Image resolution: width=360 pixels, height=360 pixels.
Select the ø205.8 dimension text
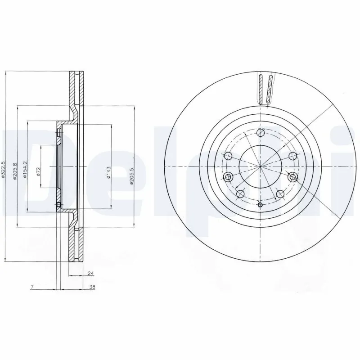click(14, 171)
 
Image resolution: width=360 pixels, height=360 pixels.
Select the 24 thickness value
click(90, 273)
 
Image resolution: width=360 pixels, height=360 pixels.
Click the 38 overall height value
click(92, 287)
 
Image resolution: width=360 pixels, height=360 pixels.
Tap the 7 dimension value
click(32, 287)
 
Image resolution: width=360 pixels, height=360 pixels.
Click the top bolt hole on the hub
click(260, 132)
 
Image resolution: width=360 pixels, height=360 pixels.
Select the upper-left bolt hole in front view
click(228, 156)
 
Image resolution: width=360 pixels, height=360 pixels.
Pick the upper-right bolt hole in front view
click(292, 156)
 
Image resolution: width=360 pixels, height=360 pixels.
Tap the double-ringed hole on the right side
click(293, 176)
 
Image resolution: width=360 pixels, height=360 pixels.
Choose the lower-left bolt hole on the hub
click(240, 194)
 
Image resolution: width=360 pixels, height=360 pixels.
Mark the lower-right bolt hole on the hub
click(280, 194)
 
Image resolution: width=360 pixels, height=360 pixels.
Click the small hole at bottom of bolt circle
click(260, 205)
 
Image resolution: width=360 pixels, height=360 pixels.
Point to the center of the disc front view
click(260, 167)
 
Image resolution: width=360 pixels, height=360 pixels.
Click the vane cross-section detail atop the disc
click(265, 89)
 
